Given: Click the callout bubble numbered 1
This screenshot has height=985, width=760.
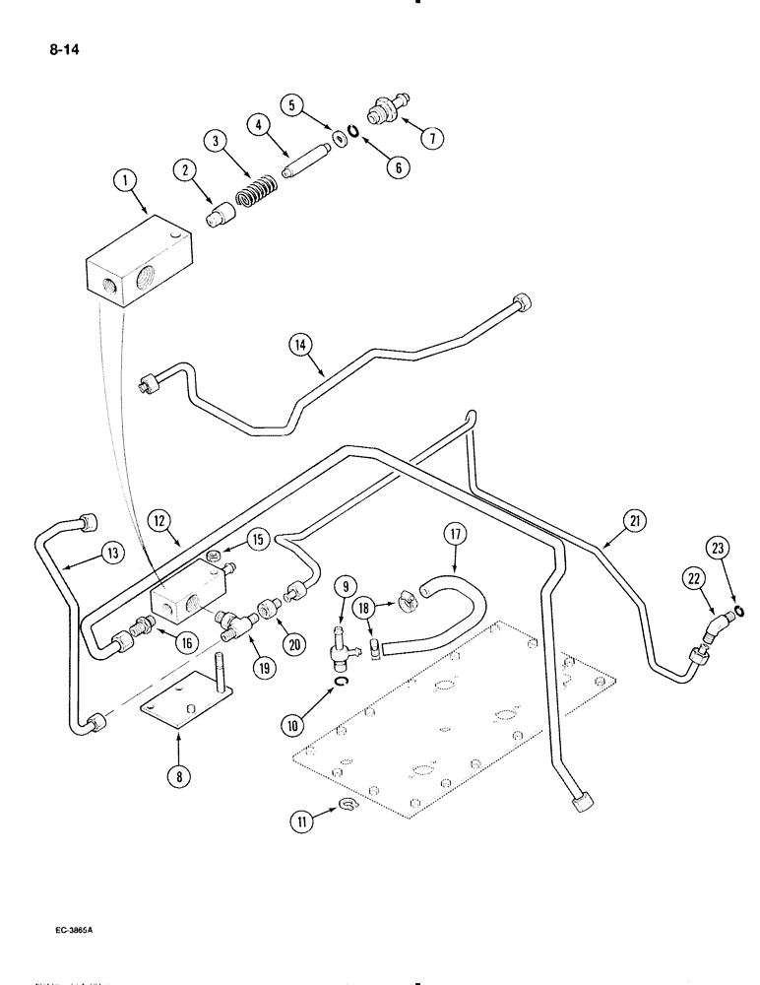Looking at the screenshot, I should tap(124, 180).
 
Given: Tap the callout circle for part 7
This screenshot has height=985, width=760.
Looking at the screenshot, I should tap(431, 138).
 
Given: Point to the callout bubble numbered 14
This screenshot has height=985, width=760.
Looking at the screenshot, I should tap(300, 344).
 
